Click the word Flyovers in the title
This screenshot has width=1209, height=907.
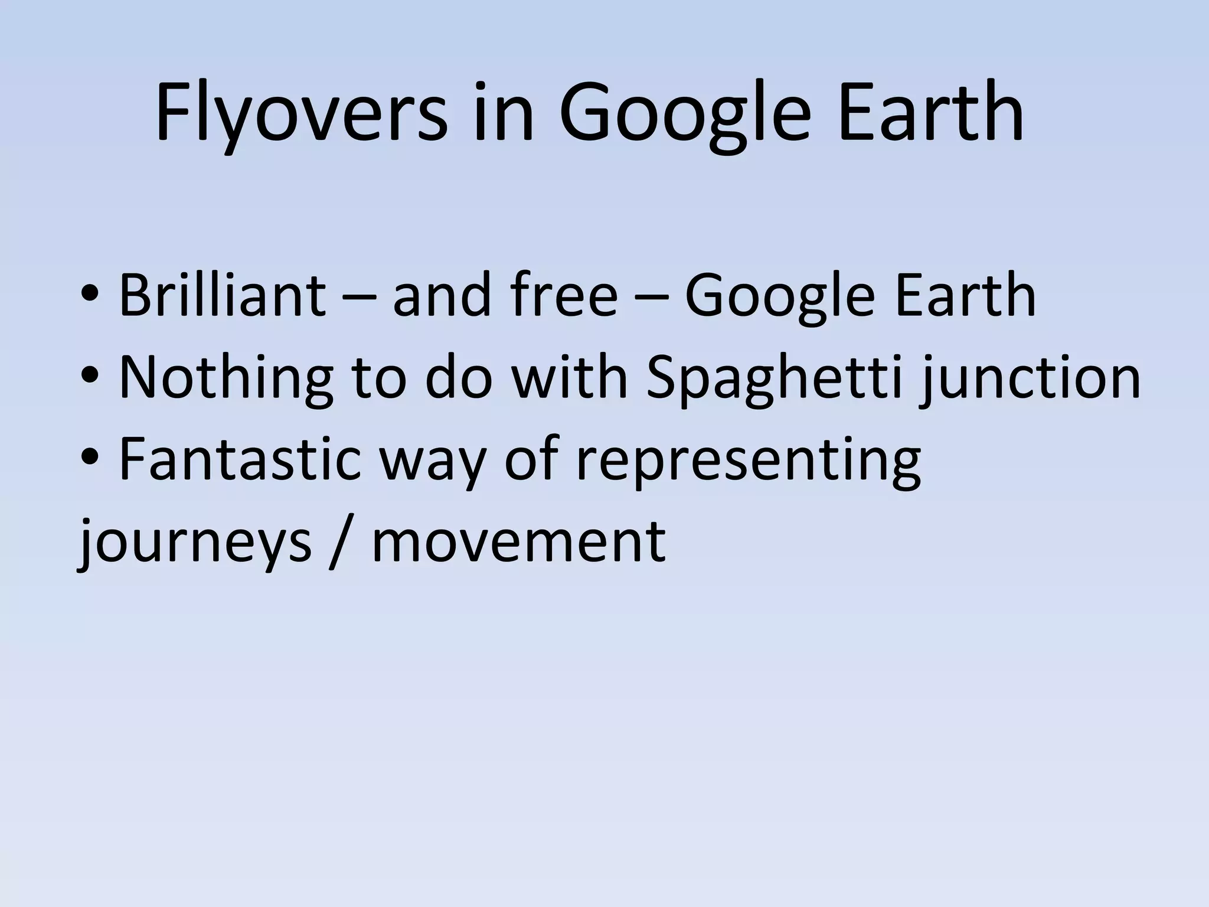point(300,113)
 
